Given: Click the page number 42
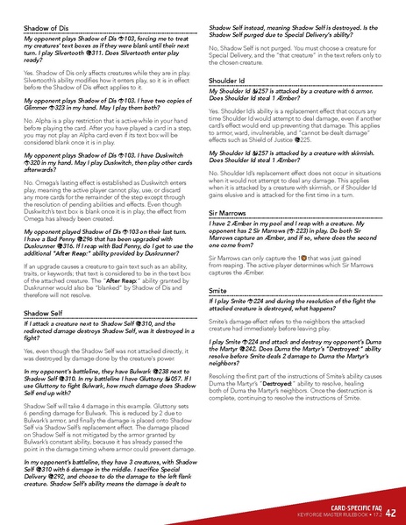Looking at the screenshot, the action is coord(390,511).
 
